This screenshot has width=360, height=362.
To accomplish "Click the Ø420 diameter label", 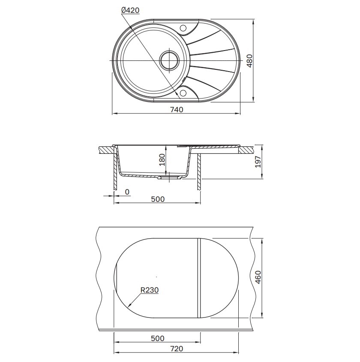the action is point(130,10).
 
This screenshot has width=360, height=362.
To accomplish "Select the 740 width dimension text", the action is point(177,109).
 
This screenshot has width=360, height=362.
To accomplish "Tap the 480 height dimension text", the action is point(250,61).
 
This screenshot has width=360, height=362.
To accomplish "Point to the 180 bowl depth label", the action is point(162,160).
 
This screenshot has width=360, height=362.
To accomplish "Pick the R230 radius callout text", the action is point(150,290).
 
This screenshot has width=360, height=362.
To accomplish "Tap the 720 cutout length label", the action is point(177,349).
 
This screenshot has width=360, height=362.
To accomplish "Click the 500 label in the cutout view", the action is point(158,338).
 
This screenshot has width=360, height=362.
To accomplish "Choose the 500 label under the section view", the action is point(158,199).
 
